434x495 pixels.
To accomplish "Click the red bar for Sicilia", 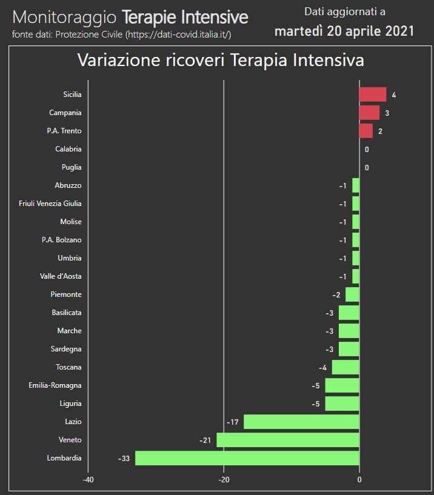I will tap(372, 95).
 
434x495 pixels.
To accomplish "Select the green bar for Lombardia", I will tap(247, 458).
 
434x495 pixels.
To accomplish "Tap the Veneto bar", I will tap(287, 440).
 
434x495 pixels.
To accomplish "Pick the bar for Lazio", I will tap(301, 422).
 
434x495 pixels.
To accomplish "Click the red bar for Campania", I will tap(369, 113).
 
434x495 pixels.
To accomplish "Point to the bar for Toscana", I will tap(346, 367).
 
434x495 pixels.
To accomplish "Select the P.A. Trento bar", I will tap(366, 131).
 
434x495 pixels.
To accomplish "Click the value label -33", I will tap(124, 459).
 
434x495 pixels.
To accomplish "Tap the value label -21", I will tap(205, 440).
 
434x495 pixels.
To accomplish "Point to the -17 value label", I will tap(232, 422).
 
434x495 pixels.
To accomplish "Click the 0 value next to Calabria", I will tap(367, 150).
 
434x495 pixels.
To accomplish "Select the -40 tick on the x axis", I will tap(88, 480).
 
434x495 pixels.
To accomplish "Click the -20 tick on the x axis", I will tap(224, 480).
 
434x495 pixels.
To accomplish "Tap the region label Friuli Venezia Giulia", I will tap(50, 204).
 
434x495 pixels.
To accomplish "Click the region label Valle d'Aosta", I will tap(61, 276).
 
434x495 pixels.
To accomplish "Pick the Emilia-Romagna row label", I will tap(55, 385).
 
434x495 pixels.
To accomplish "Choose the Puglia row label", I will tap(72, 167).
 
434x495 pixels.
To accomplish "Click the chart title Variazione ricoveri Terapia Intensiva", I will tap(220, 61).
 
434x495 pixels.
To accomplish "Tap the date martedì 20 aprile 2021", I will tap(344, 31).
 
